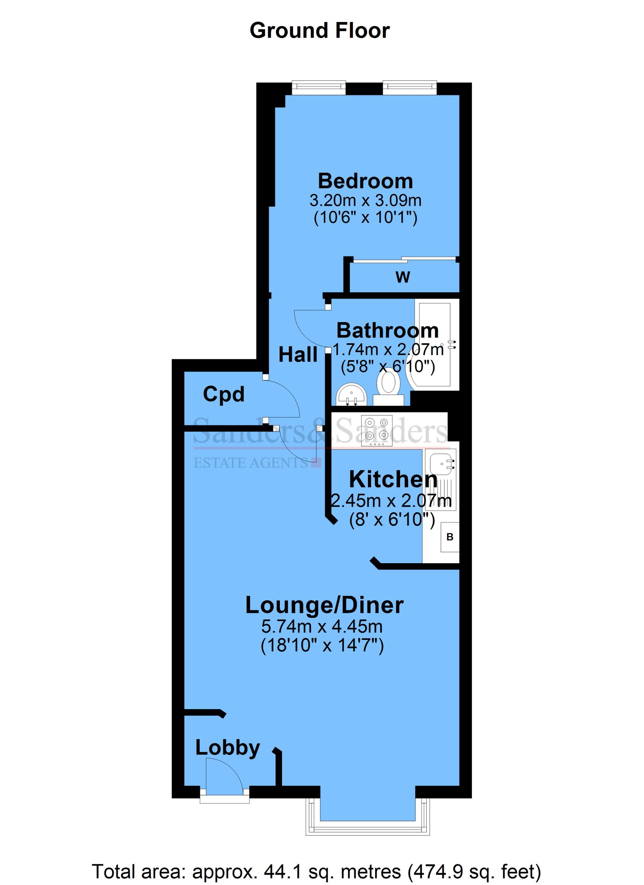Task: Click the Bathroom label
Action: tap(387, 331)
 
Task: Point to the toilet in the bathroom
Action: tap(388, 385)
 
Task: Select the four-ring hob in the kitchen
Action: tap(376, 431)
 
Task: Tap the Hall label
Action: tap(297, 355)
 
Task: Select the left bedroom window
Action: tap(319, 87)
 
